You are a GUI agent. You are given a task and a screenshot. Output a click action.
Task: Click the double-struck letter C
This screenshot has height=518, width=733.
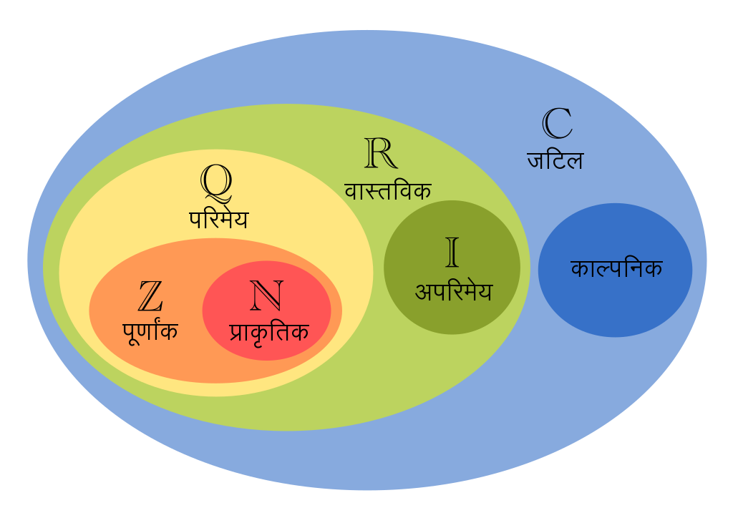(557, 123)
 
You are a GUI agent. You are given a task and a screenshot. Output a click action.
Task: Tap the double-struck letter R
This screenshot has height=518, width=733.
(381, 152)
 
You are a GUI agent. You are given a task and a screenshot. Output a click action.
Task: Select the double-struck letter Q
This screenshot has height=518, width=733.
(216, 182)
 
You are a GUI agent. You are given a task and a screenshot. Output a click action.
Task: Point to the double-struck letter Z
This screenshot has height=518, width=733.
(150, 295)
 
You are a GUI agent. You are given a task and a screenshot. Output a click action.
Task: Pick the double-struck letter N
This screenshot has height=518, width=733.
(267, 295)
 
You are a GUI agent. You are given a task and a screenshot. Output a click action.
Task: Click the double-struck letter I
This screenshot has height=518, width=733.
(452, 252)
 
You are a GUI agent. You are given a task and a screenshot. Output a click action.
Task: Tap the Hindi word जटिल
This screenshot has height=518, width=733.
(555, 160)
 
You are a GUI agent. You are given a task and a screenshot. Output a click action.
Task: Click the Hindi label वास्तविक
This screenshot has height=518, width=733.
(387, 190)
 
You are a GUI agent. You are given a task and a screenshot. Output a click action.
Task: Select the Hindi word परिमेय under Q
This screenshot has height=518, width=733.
(218, 219)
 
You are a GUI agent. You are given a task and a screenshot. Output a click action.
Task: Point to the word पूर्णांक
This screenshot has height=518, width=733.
(150, 331)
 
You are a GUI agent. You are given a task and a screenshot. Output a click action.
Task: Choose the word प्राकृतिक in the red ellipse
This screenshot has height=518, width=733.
(269, 333)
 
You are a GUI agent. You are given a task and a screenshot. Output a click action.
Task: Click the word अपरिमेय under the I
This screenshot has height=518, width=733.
(453, 291)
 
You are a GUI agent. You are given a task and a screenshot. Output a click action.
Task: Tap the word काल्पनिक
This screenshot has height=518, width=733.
(616, 268)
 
